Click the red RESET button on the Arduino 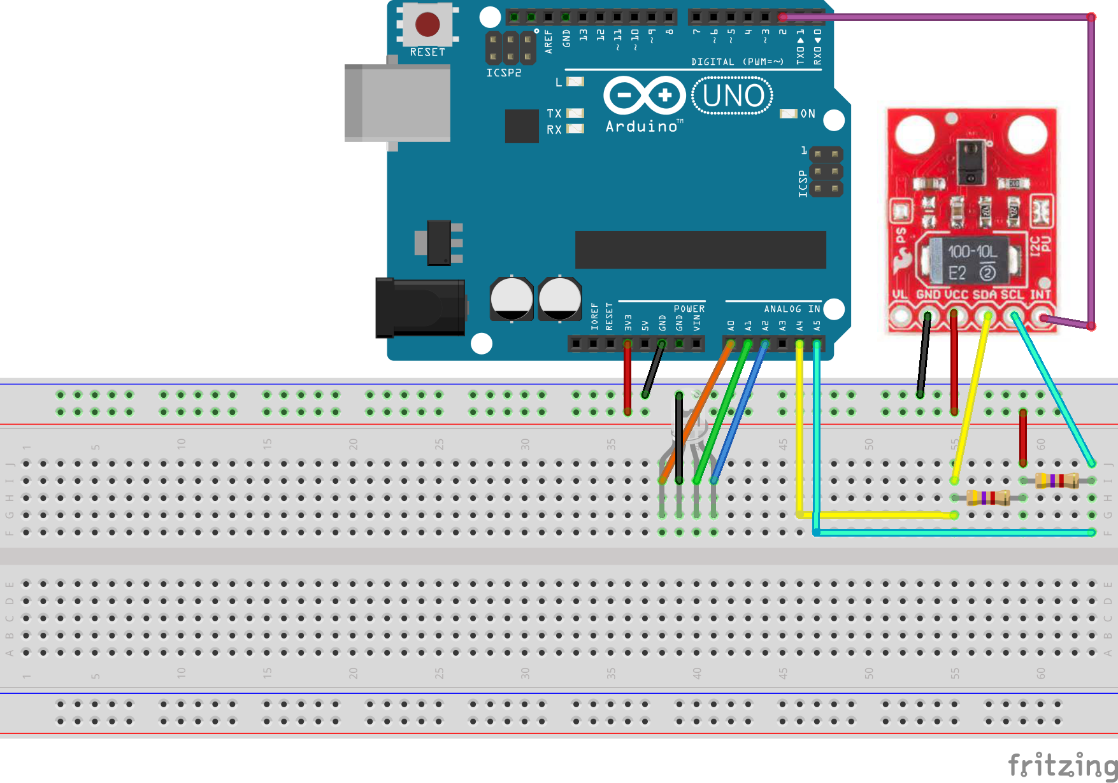427,25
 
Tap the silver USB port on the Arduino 398,102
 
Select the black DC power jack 419,307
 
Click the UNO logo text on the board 733,96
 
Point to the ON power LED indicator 789,114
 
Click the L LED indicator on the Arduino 575,81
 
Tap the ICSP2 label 503,73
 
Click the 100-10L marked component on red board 971,261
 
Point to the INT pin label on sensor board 1040,295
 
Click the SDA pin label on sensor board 984,295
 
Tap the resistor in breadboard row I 1057,481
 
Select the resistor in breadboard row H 988,498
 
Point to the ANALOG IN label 791,309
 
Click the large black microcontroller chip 700,250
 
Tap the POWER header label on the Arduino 689,309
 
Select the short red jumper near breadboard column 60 1023,437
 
